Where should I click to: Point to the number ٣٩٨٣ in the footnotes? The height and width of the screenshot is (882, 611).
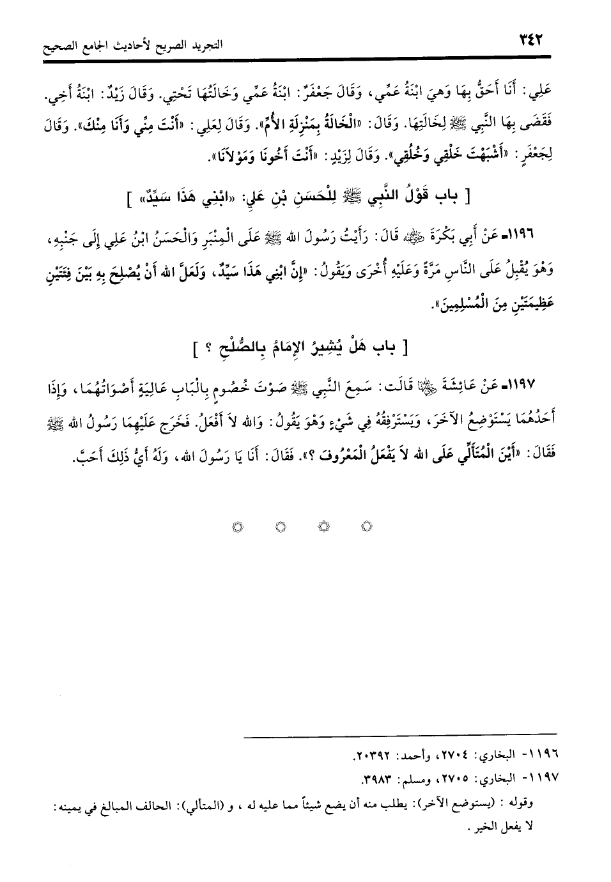tap(377, 779)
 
